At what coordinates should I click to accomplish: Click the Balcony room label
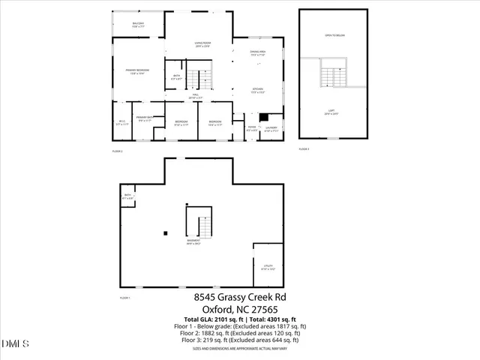[x=138, y=25]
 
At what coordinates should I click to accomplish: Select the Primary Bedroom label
[x=137, y=71]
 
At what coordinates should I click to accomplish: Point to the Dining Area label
[x=259, y=53]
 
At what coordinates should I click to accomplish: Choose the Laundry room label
[x=271, y=127]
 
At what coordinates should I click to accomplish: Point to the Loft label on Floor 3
[x=333, y=112]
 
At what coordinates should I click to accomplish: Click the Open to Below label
[x=334, y=35]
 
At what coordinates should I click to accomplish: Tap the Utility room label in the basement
[x=267, y=267]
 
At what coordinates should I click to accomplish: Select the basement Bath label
[x=128, y=196]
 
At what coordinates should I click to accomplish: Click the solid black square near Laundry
[x=262, y=116]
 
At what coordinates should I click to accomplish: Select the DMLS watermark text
[x=15, y=344]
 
